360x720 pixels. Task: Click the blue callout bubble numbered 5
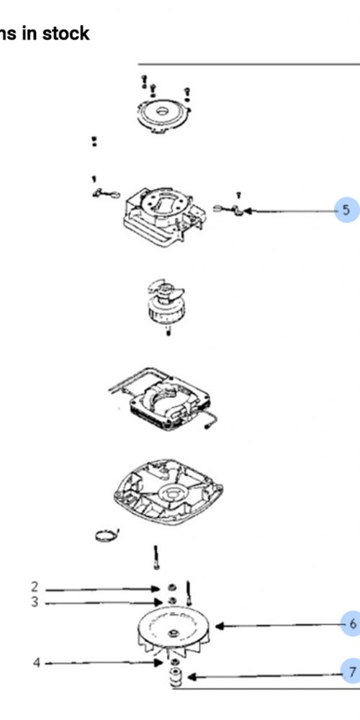347,210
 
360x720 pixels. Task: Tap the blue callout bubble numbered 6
351,624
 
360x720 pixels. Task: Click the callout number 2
35,587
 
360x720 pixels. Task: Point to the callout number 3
35,602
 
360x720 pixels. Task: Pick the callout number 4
37,663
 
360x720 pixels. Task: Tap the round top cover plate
163,115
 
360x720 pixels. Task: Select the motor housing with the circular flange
165,217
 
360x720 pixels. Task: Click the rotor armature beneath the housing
166,305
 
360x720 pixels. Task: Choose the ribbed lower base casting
168,491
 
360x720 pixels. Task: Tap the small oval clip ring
107,536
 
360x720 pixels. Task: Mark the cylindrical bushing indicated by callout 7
176,677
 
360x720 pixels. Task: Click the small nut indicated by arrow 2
172,588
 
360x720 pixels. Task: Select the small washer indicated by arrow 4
174,662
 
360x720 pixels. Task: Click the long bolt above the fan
156,557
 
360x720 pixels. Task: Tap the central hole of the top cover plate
162,111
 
